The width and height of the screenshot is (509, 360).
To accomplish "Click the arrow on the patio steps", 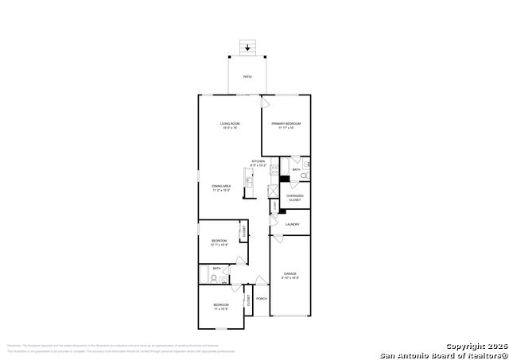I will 249,48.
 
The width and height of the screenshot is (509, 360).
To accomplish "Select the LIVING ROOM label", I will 230,124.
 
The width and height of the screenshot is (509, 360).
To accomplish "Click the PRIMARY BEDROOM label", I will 286,124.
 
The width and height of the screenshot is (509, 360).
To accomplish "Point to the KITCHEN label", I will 258,161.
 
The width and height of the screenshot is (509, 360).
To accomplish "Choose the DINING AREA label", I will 220,187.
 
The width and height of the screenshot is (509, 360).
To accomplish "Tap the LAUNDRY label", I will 292,225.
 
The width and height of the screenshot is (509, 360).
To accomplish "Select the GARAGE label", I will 289,274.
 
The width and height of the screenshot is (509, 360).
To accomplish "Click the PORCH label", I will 261,299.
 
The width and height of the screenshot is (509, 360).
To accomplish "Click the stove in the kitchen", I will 274,168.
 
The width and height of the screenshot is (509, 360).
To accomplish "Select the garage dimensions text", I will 289,279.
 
